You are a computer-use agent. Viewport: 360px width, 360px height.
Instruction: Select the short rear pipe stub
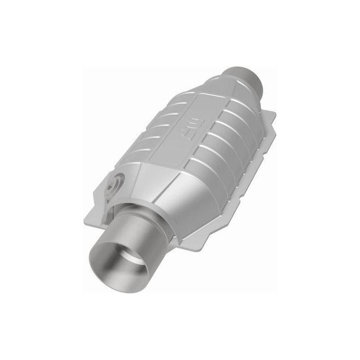(245, 74)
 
